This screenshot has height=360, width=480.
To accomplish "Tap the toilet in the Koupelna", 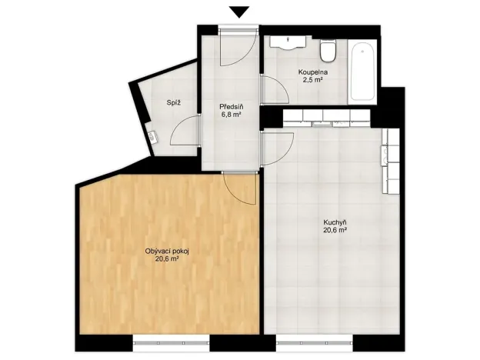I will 327,52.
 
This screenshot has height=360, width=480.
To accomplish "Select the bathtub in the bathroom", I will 362,74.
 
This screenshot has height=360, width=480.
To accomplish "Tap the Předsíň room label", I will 231,107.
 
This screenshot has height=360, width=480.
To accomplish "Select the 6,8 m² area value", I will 231,115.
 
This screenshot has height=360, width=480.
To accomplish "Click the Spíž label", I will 174,103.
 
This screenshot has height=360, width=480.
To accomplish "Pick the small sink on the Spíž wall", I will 153,138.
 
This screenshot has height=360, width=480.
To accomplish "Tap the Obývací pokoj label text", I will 167,251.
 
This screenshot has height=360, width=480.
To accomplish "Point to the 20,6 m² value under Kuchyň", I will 335,230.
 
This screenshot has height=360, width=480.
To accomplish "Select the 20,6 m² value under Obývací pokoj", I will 167,259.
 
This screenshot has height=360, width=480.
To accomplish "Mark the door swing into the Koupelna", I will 274,91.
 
